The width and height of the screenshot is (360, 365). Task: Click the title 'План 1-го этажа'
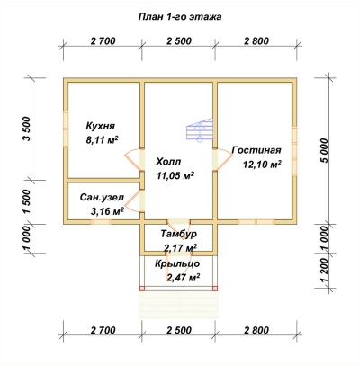[180, 17]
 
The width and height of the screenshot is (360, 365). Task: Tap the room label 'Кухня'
[100, 126]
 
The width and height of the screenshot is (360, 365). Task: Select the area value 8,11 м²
[102, 139]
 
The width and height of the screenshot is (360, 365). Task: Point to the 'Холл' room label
[168, 162]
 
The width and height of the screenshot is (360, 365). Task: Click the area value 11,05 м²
[175, 175]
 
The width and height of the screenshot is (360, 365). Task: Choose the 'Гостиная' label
[256, 150]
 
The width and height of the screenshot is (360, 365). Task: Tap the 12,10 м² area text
[262, 165]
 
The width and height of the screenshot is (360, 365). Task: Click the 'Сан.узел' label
[102, 198]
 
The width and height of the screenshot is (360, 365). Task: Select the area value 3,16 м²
[107, 211]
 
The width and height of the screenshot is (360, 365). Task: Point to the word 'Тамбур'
[179, 234]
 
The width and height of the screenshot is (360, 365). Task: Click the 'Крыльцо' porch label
[177, 263]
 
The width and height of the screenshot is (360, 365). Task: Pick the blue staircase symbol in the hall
[200, 129]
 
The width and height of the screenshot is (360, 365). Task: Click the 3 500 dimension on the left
[27, 129]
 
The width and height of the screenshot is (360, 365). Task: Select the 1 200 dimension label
[324, 271]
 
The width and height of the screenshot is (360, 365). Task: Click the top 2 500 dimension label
[178, 40]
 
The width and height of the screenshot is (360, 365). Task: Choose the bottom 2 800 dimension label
[256, 330]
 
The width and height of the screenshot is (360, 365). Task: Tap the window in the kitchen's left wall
[66, 129]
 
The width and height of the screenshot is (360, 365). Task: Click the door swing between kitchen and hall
[133, 160]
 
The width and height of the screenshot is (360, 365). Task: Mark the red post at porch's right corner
[215, 289]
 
